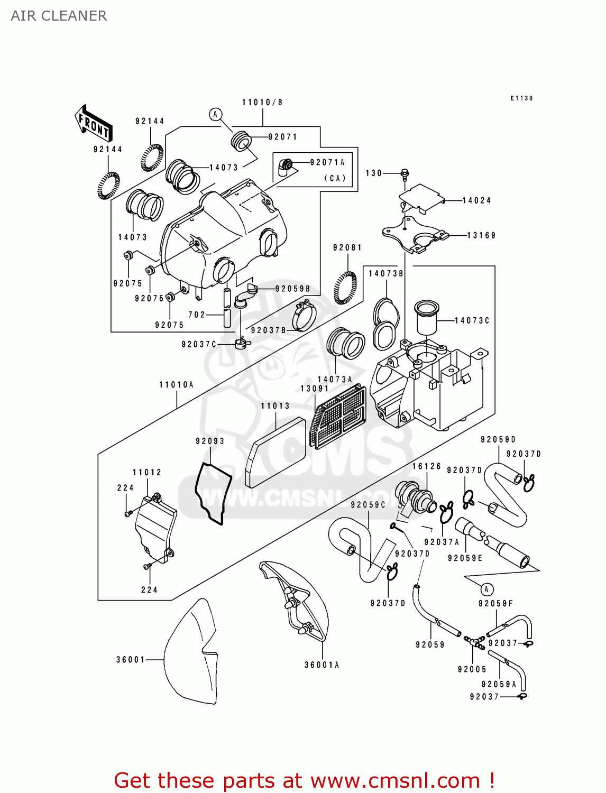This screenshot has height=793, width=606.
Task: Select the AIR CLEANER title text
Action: coord(59,16)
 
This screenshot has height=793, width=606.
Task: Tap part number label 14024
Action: coord(476,201)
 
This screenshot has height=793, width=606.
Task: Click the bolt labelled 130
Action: coord(405,173)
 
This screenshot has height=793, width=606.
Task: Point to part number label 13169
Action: coord(481,236)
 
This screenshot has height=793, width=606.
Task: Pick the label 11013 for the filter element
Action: coord(276,406)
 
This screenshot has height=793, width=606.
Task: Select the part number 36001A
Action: coord(322,665)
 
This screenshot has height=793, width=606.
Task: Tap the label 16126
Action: coord(427,466)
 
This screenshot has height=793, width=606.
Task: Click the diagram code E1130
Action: coord(521,98)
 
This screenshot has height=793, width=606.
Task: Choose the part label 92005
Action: coord(472,669)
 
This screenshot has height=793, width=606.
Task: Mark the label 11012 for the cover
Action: coord(147,473)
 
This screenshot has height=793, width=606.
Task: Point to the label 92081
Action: coord(347,247)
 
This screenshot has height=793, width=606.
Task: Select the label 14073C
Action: coord(472,321)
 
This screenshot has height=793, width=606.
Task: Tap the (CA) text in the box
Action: coord(335,178)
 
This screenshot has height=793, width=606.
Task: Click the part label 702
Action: coord(197,315)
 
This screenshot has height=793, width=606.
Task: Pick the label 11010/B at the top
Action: coord(262,103)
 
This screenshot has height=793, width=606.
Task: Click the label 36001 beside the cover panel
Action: coord(131,660)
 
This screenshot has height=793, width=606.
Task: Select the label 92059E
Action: coord(465,558)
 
